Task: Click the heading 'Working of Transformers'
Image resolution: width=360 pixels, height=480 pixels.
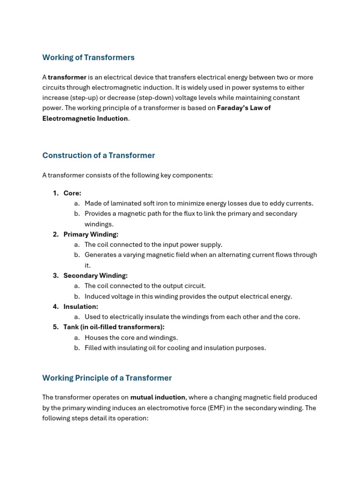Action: [88, 58]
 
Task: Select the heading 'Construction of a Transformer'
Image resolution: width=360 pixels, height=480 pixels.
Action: [98, 156]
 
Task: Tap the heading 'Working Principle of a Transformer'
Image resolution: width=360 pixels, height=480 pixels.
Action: [107, 378]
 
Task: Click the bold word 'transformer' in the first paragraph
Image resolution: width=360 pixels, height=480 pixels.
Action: [67, 77]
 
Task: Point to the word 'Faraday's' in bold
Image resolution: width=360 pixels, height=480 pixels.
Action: [233, 108]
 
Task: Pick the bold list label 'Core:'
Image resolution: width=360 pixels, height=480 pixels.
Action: [72, 193]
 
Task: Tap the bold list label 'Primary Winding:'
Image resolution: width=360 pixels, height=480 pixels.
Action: [91, 234]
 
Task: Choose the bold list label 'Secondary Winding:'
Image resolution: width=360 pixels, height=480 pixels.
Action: [96, 276]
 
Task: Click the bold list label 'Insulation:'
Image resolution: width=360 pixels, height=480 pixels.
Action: [81, 307]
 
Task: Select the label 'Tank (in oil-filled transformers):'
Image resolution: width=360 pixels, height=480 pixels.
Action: [114, 327]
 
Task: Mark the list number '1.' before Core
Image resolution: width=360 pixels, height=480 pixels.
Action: [56, 193]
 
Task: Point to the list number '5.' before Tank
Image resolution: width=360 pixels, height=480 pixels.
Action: [56, 327]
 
